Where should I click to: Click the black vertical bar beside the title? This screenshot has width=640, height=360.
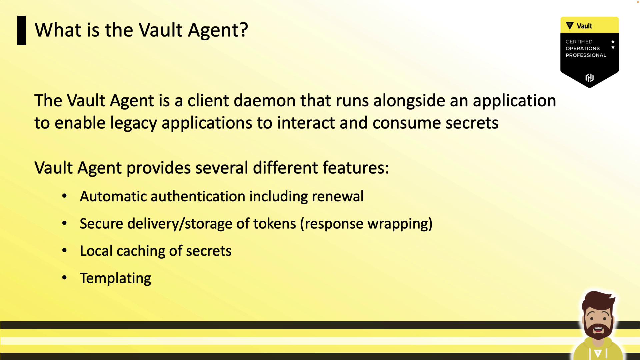21,30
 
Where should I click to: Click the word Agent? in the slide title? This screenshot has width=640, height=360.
218,31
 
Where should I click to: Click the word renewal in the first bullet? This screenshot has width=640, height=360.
338,196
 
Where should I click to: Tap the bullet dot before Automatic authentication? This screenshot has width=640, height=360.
65,196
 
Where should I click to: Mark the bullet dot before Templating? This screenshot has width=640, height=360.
65,278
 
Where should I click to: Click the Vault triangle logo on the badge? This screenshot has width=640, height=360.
570,25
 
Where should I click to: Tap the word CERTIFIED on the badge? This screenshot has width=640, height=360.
579,42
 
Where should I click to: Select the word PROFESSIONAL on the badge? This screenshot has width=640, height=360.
586,55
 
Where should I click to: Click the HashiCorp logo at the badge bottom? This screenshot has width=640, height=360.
590,78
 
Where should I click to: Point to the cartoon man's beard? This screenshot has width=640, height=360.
598,329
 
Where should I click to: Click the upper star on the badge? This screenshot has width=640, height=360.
613,42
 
